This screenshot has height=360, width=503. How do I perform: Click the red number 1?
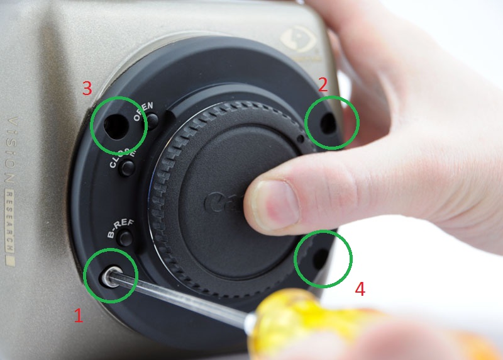78,315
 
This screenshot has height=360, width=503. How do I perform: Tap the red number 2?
323,85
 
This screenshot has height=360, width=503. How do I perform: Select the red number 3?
87,89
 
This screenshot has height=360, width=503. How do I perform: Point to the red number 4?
360,289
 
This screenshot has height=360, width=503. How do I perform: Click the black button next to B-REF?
126,238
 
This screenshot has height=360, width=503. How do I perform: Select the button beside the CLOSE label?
128,168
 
